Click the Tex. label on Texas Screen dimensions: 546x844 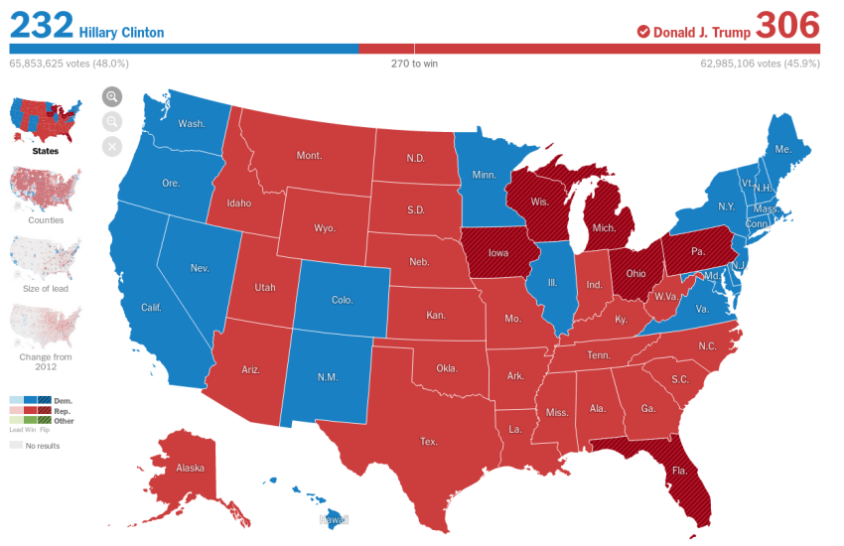tap(429, 441)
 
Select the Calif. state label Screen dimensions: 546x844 tap(152, 307)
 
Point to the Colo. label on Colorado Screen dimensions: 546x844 tap(343, 300)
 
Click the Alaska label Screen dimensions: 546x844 tap(190, 468)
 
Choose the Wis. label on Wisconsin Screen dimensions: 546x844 tap(539, 202)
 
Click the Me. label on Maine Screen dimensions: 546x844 tap(783, 149)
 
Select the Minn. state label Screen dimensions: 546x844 tap(484, 175)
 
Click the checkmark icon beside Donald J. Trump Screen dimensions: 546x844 tap(642, 32)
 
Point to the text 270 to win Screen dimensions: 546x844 tap(414, 64)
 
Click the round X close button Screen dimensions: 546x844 tap(111, 147)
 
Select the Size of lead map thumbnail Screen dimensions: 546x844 tap(45, 257)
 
